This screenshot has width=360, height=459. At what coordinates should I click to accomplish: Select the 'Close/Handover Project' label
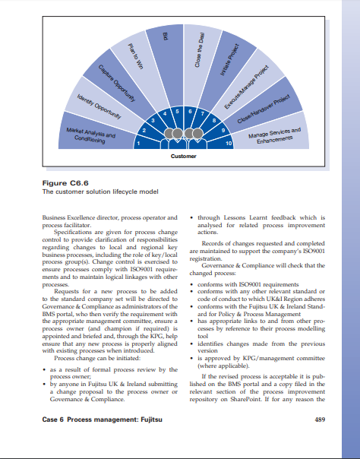(x=265, y=110)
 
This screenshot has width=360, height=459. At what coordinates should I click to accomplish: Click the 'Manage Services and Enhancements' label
(x=274, y=136)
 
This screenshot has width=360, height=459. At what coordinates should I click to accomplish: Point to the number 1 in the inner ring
(x=138, y=142)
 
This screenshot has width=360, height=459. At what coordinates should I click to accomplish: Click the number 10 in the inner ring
(x=229, y=143)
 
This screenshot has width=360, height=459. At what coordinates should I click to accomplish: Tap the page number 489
(x=319, y=418)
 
